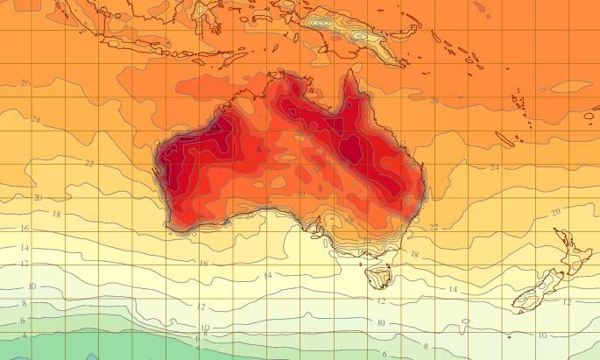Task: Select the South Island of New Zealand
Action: (536, 292)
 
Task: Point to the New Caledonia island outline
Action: (505, 139)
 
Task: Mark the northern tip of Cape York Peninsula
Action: (351, 73)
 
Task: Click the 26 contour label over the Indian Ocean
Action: (25, 83)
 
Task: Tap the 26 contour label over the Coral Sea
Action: (435, 100)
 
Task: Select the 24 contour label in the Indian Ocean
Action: (36, 119)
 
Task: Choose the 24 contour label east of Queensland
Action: (494, 166)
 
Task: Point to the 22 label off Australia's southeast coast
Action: (434, 227)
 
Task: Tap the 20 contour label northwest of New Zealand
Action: (554, 213)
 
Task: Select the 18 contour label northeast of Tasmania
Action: (415, 255)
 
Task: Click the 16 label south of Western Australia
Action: (202, 263)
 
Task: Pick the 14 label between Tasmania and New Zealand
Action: (453, 288)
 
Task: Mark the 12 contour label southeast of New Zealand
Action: (567, 302)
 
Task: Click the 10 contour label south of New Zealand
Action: (542, 335)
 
